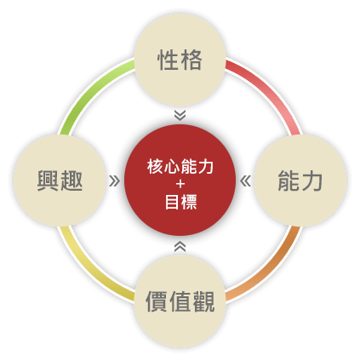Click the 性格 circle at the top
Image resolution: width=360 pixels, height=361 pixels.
pos(180,60)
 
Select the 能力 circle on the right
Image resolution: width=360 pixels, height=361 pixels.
pos(300,180)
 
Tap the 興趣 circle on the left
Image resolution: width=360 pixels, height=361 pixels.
pos(60,180)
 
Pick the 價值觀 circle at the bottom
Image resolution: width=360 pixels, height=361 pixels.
pos(180,301)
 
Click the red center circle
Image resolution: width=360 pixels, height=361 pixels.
pos(180,180)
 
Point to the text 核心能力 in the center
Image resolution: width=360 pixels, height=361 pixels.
pos(180,167)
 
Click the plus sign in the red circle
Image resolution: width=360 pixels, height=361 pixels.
pos(180,184)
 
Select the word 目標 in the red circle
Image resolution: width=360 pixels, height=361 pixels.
pos(180,202)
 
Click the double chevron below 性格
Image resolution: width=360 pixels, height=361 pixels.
pos(180,115)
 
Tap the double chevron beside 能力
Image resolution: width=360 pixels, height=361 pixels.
pos(245,180)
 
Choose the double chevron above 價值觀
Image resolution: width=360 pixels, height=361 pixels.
pos(180,246)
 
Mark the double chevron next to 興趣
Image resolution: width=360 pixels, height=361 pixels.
pos(114,180)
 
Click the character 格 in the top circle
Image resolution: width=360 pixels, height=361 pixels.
pos(191,60)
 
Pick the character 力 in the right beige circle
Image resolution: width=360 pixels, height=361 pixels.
pos(311,180)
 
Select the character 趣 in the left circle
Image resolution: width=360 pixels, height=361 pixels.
pos(71,180)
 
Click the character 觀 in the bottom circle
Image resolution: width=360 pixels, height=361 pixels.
pos(203,301)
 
